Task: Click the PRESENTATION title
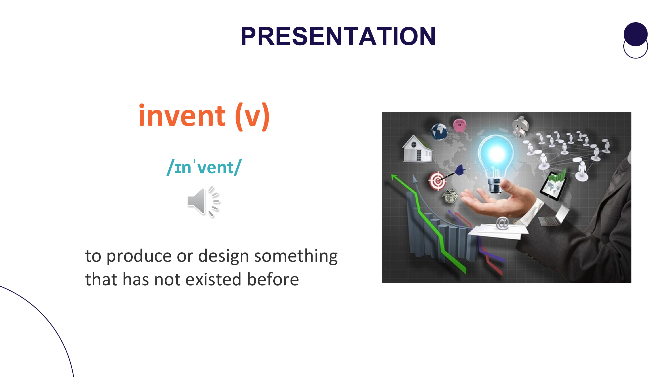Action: (x=338, y=36)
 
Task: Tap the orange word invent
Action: (x=182, y=115)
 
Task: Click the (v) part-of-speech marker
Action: (x=252, y=117)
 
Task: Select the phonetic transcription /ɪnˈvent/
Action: (x=204, y=167)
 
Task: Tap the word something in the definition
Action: (x=296, y=256)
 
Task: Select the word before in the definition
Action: (x=273, y=279)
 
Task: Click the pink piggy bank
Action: (x=460, y=125)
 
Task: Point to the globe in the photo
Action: (x=439, y=132)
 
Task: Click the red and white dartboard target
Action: (x=438, y=181)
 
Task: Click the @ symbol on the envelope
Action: (x=502, y=223)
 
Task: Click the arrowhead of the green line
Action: (x=394, y=177)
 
